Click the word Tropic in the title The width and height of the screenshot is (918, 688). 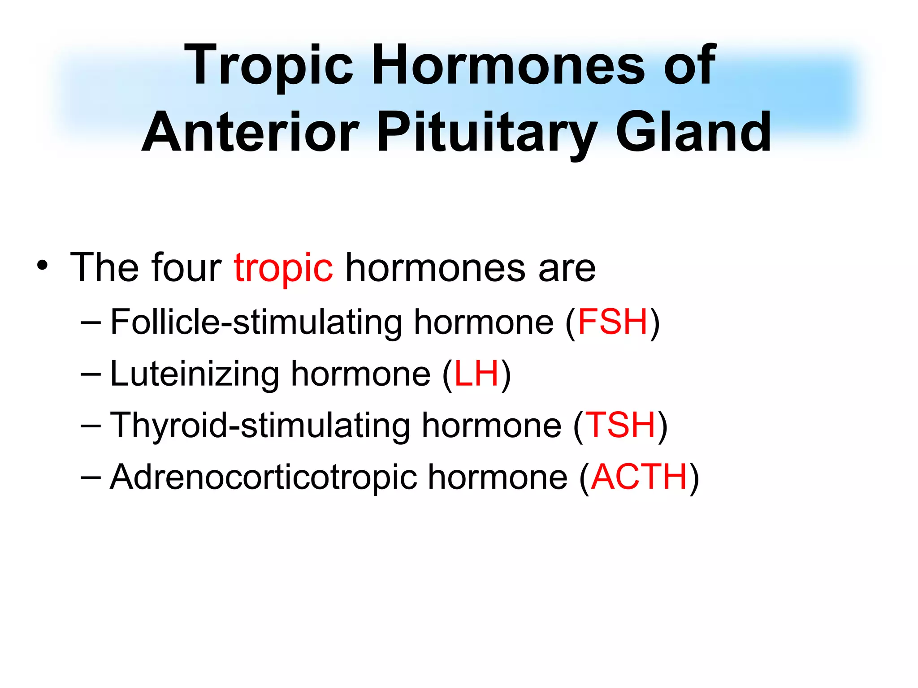[x=269, y=66]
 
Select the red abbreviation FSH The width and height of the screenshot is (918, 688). [x=613, y=322]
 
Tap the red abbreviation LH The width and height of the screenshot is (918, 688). [x=476, y=374]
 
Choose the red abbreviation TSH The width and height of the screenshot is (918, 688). [x=621, y=425]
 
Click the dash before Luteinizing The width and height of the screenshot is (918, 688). [x=91, y=374]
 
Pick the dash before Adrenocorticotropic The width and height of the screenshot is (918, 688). [x=91, y=477]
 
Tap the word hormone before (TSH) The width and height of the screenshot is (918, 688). [x=491, y=425]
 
